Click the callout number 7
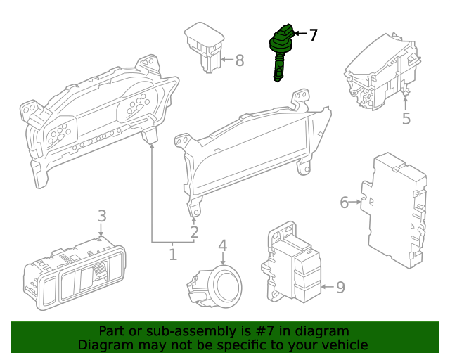(x=313, y=34)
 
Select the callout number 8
(x=239, y=60)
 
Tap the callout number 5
(x=406, y=119)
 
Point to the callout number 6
(x=345, y=202)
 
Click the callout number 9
(x=340, y=287)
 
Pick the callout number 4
(x=222, y=245)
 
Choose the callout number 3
(x=102, y=216)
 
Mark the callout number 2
(x=194, y=231)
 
